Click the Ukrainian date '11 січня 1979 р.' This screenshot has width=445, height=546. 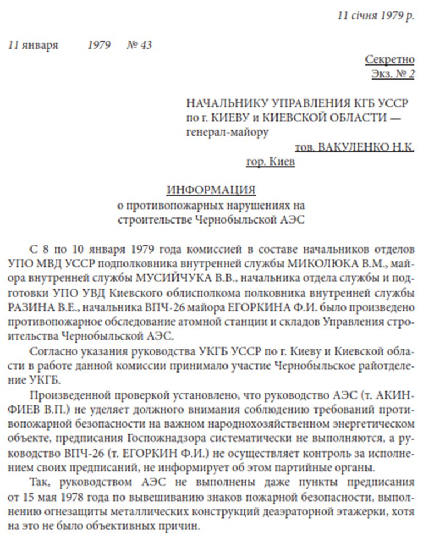click(x=375, y=16)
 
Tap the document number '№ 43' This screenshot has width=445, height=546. click(x=139, y=45)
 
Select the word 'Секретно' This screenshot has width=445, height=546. click(x=389, y=59)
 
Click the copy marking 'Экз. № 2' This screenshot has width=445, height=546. click(x=392, y=73)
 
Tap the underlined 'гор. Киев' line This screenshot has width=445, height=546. click(x=270, y=162)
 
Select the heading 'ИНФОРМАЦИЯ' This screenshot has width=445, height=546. click(x=211, y=190)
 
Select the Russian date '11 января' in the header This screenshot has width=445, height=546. click(x=33, y=45)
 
